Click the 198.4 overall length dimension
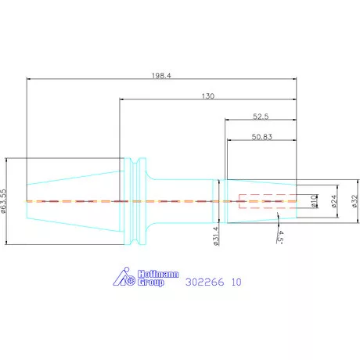click(x=161, y=76)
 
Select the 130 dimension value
click(x=208, y=96)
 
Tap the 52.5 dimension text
click(x=261, y=117)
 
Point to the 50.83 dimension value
click(x=261, y=137)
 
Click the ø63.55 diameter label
click(x=3, y=201)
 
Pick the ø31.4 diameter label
click(x=216, y=236)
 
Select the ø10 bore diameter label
click(x=314, y=201)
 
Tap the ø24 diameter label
click(x=334, y=201)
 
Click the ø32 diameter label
click(x=355, y=201)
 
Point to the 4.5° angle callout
click(x=280, y=236)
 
